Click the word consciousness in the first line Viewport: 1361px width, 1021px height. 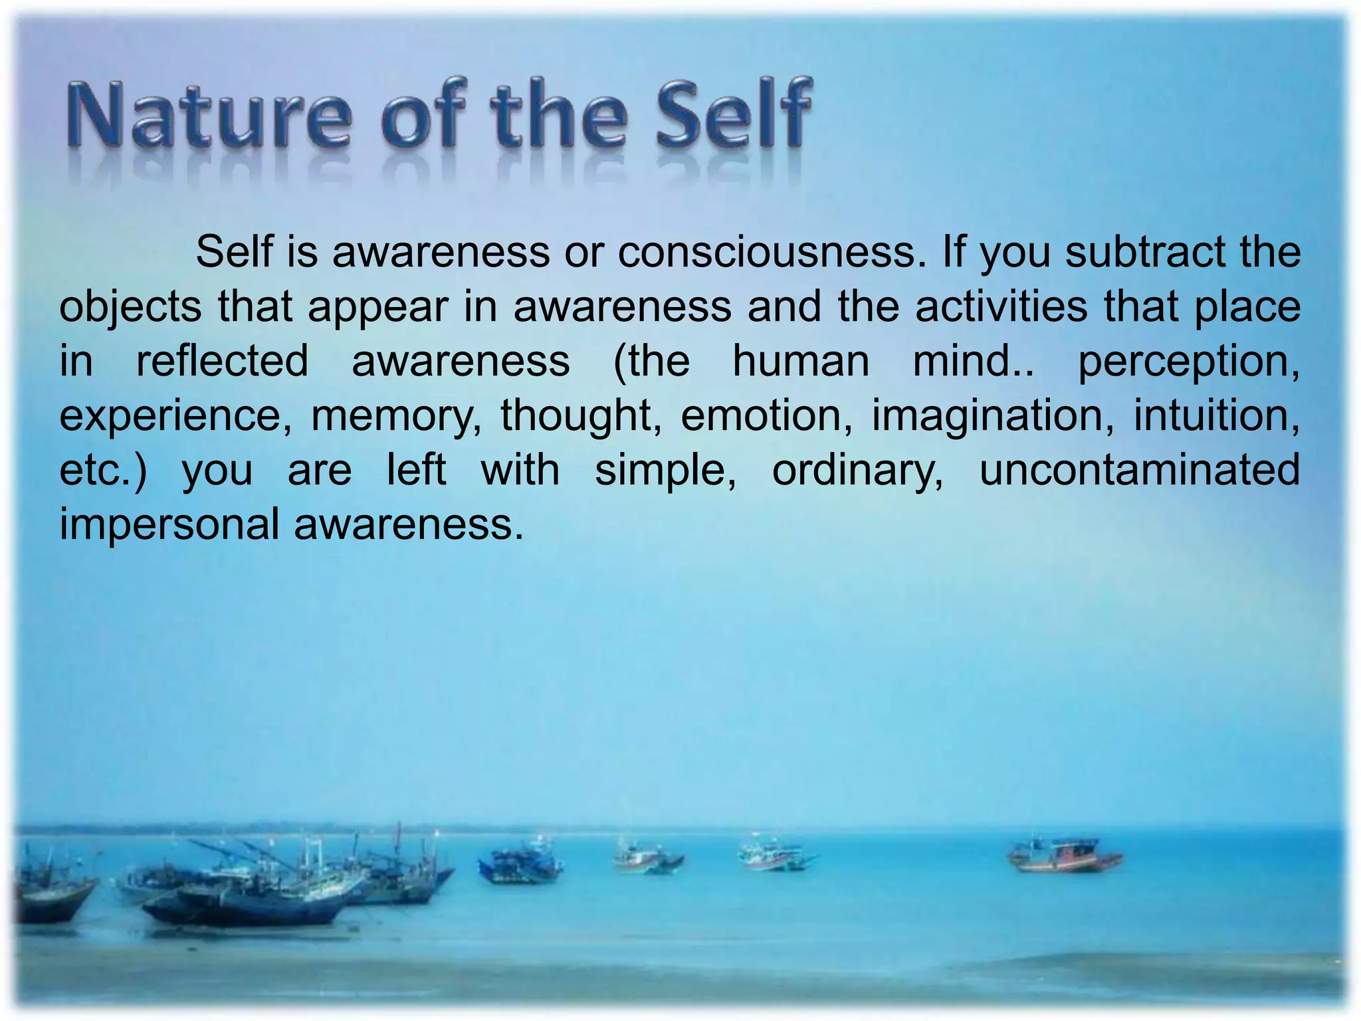772,253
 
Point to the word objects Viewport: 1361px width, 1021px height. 130,308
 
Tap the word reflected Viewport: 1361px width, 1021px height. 223,361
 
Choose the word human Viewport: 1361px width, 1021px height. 801,361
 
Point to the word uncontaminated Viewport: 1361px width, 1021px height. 1140,470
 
